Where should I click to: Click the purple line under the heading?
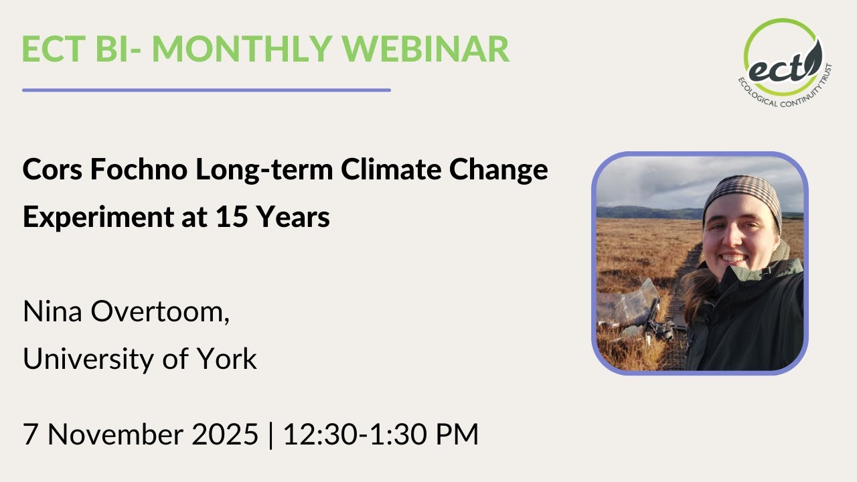tap(206, 90)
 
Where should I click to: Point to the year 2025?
tap(226, 434)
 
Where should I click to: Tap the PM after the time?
tap(455, 434)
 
